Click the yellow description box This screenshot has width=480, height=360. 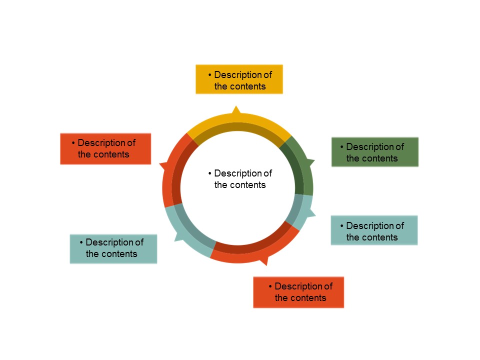click(239, 79)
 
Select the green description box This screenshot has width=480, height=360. click(374, 152)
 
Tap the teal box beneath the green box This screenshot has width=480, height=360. click(374, 230)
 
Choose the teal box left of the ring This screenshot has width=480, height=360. click(113, 248)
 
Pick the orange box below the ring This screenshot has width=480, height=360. click(298, 292)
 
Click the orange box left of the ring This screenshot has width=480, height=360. click(105, 148)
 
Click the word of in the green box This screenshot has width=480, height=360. click(399, 147)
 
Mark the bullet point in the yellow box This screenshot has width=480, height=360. click(210, 75)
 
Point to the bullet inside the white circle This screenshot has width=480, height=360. click(210, 173)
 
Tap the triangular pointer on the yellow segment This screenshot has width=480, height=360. click(236, 110)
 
